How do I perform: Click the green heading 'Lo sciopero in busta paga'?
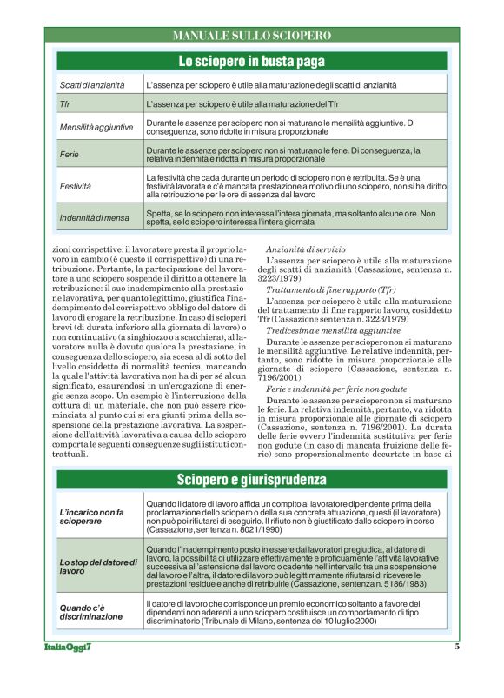click(252, 61)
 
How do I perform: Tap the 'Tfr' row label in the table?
click(65, 104)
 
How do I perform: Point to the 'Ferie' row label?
click(70, 154)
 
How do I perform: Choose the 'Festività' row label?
click(75, 186)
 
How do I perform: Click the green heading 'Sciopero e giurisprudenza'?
click(252, 479)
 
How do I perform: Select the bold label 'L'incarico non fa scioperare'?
click(92, 517)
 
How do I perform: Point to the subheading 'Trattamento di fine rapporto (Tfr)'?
click(331, 289)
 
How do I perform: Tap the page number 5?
click(456, 646)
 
